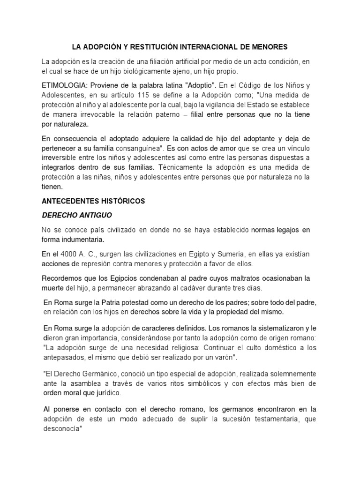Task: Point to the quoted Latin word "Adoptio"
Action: pyautogui.click(x=201, y=86)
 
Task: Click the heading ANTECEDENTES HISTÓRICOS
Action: pyautogui.click(x=93, y=201)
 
